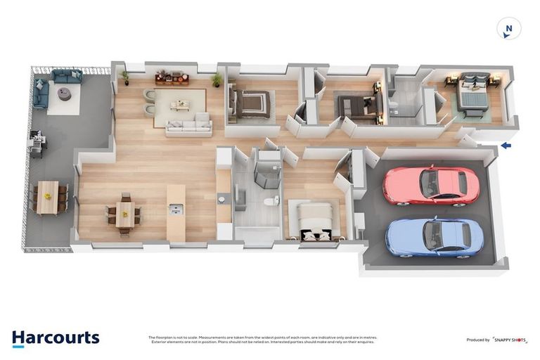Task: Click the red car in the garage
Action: [x=430, y=186]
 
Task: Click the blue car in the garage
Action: [x=433, y=237]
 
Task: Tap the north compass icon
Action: [x=508, y=29]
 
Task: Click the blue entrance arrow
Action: [x=506, y=146]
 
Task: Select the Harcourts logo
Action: [x=56, y=338]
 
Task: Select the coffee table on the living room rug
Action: [x=180, y=105]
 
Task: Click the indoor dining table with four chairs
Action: [x=124, y=213]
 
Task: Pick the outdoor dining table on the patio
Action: [x=49, y=197]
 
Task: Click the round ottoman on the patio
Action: [x=64, y=94]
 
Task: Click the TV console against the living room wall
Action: [x=172, y=77]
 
